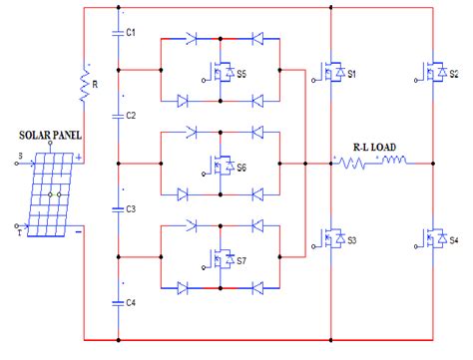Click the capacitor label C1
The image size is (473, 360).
(x=130, y=32)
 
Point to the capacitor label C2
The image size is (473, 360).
(x=130, y=116)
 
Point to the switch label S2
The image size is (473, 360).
(x=454, y=74)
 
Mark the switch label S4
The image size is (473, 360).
(x=454, y=241)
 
